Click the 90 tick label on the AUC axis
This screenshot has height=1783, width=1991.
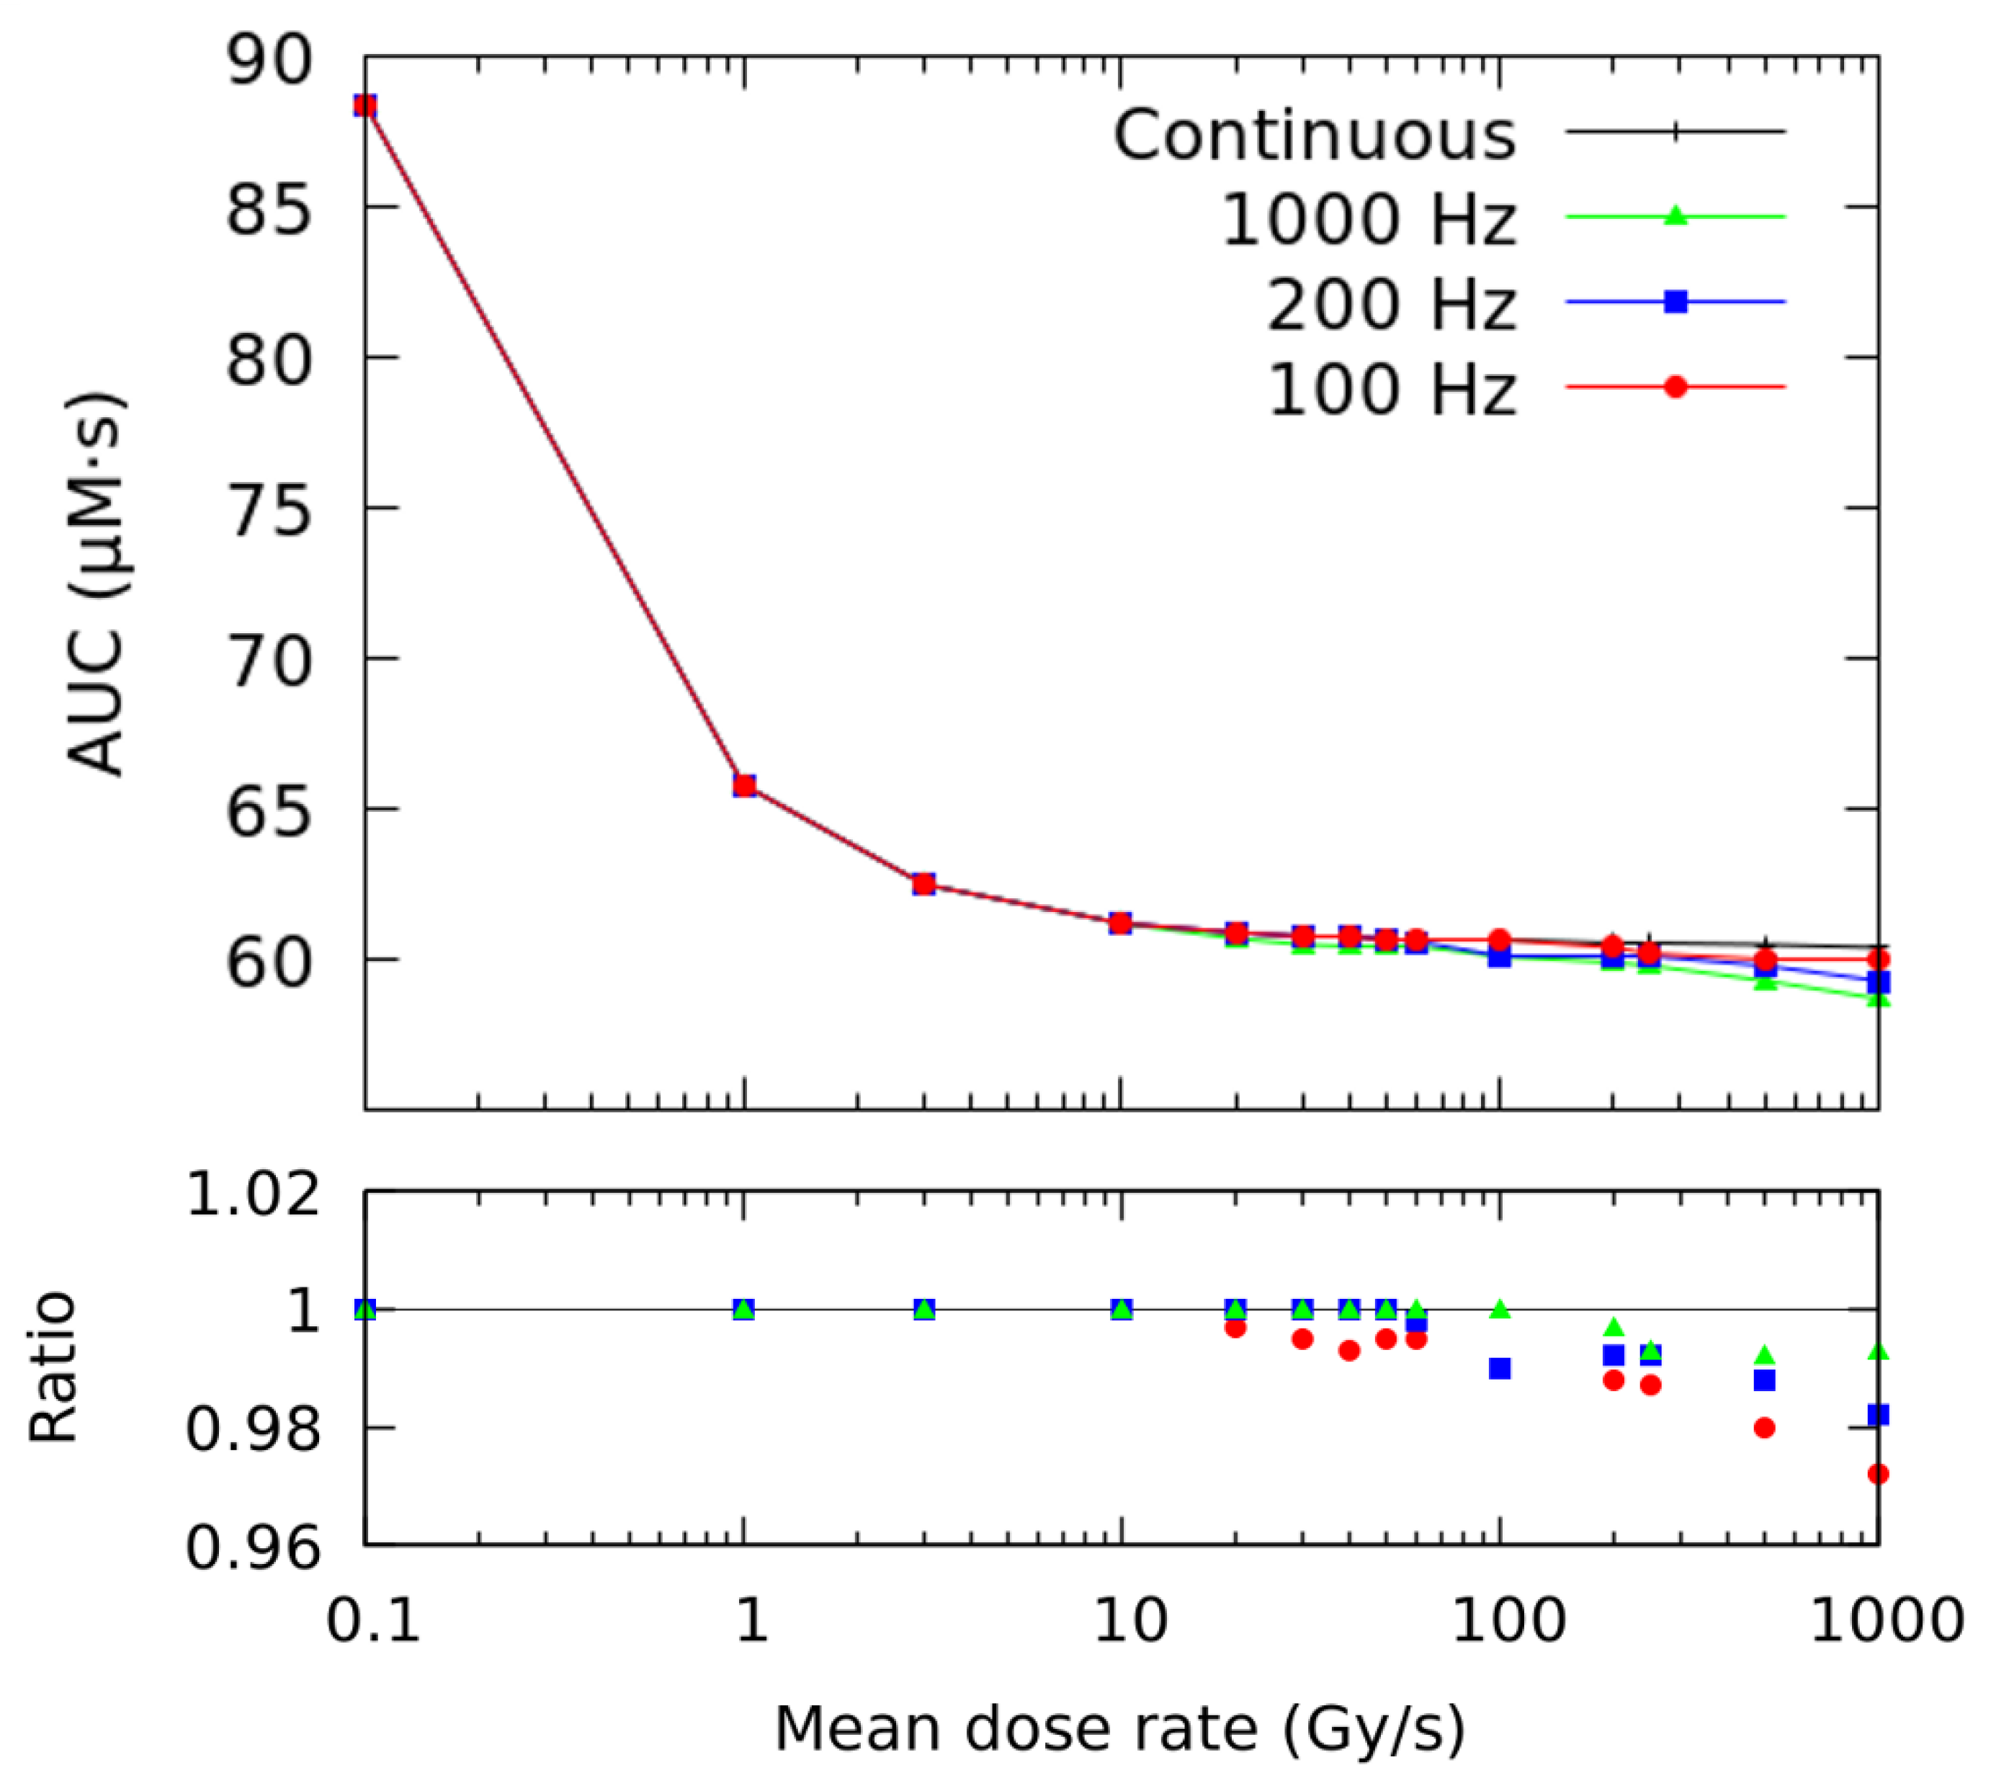point(269,61)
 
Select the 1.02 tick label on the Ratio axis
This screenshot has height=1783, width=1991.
point(253,1194)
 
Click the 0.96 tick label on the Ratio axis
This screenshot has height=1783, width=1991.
point(253,1549)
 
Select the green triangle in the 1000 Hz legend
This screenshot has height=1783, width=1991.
point(1675,215)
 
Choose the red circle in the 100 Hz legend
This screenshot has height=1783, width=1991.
point(1675,387)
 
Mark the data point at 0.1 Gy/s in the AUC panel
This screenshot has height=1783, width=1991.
point(365,106)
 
